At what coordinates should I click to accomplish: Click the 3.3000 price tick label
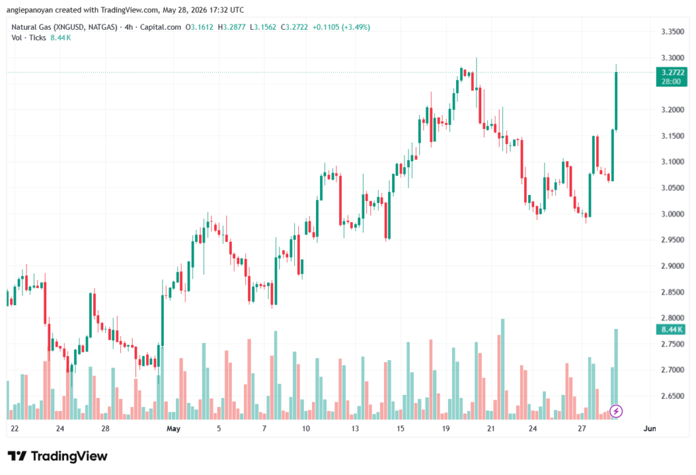(x=672, y=58)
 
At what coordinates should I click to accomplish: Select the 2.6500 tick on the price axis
(x=672, y=396)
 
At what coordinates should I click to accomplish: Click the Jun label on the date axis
(x=649, y=429)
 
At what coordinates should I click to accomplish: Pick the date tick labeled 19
(x=446, y=429)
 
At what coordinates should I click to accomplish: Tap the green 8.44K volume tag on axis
(x=671, y=330)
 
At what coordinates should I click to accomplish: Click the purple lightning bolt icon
(x=616, y=411)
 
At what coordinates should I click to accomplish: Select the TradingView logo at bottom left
(x=58, y=456)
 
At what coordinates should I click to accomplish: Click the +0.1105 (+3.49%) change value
(x=341, y=27)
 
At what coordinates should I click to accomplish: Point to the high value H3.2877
(x=231, y=27)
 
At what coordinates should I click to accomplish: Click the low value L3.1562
(x=263, y=27)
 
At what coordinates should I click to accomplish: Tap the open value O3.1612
(x=199, y=27)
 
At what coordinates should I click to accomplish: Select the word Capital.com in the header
(x=160, y=27)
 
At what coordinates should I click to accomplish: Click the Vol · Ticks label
(x=29, y=38)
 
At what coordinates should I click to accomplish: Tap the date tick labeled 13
(x=355, y=429)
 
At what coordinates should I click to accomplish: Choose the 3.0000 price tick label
(x=672, y=214)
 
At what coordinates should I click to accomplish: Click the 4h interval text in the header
(x=128, y=27)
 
